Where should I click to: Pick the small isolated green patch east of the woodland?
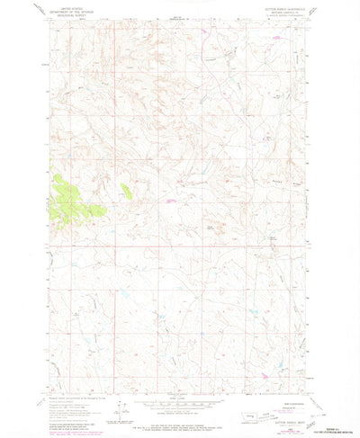pyautogui.click(x=125, y=189)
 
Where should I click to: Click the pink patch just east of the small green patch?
pyautogui.click(x=168, y=201)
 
